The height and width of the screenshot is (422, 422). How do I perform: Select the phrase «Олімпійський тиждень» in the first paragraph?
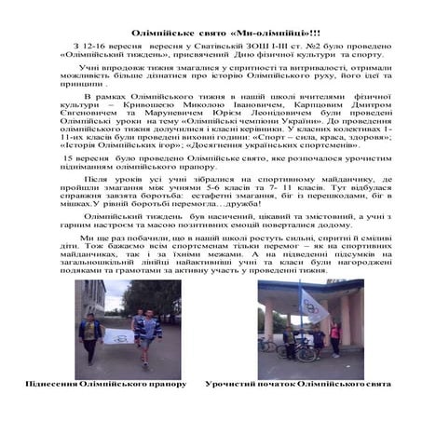point(101,53)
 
